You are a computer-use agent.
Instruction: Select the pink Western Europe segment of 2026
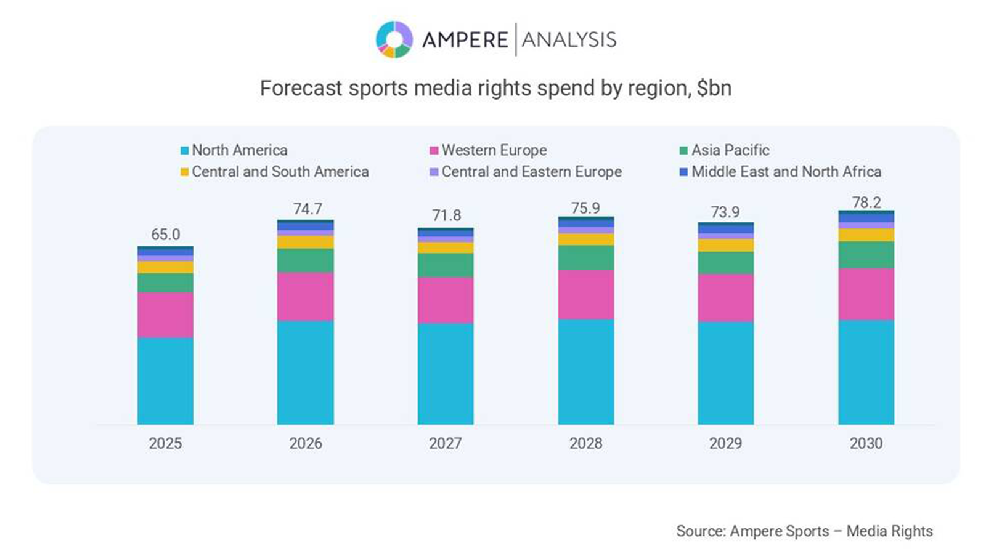(x=305, y=296)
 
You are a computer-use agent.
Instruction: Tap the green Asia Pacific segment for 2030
(x=866, y=254)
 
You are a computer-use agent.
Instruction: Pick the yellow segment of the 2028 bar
(x=585, y=239)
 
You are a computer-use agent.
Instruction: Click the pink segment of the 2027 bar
(x=446, y=300)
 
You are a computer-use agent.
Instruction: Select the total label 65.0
(x=165, y=235)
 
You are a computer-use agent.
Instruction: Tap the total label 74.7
(x=308, y=209)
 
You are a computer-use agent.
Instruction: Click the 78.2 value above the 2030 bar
(x=866, y=202)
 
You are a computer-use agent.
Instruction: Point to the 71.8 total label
(x=446, y=215)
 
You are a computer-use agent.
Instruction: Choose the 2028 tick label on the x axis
(x=585, y=443)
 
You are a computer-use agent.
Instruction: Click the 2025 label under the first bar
(x=165, y=443)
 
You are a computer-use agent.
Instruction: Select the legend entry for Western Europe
(x=494, y=150)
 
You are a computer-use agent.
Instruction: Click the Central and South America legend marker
(x=184, y=172)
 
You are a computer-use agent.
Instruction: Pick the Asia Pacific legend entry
(x=730, y=150)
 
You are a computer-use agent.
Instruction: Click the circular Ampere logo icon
(x=394, y=39)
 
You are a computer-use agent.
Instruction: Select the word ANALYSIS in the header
(x=569, y=40)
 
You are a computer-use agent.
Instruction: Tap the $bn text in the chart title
(x=714, y=89)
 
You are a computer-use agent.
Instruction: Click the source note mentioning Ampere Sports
(x=804, y=531)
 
